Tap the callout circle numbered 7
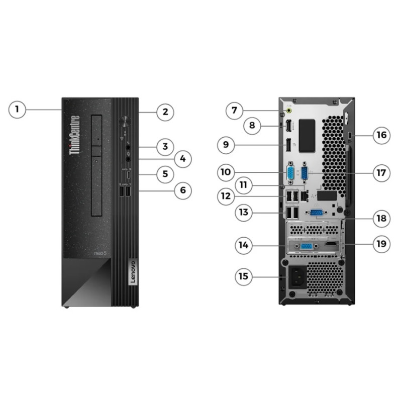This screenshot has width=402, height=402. (x=234, y=110)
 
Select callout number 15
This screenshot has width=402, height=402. (x=244, y=276)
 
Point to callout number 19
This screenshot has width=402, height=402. (x=381, y=244)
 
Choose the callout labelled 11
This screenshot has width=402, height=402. (x=243, y=185)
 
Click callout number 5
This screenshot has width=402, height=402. (x=165, y=174)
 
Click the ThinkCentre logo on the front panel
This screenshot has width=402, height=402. (x=75, y=135)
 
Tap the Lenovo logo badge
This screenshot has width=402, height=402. (x=133, y=273)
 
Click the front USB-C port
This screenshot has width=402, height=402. (x=129, y=175)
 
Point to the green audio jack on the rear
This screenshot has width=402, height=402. (x=289, y=111)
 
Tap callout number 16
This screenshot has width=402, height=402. (x=381, y=135)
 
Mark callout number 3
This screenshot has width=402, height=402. (x=165, y=147)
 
